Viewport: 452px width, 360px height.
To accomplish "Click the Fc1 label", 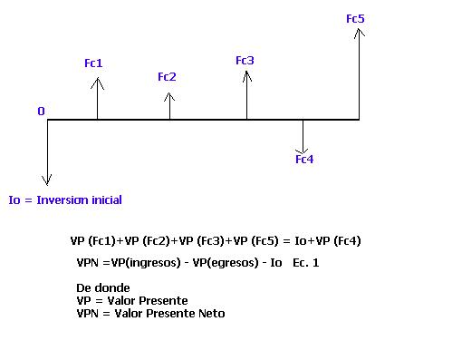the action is tap(93, 63).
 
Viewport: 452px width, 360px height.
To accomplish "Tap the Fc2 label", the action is tap(167, 77).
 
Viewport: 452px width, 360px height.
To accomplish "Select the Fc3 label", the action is tap(245, 61).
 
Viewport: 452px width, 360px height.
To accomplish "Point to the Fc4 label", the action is tap(304, 159).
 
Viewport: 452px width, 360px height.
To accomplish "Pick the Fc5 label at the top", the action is tap(355, 19).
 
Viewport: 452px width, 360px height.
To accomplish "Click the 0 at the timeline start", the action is tap(41, 112).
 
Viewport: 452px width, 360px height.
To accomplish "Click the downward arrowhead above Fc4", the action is tap(303, 152).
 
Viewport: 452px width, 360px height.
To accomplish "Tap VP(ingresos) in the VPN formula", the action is tap(146, 263).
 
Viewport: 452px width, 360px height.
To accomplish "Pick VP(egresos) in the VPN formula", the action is tap(226, 263).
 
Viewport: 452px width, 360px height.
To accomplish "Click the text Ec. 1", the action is tap(306, 263).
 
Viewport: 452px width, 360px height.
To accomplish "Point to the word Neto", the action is tap(212, 314).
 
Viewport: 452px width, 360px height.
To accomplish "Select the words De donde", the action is tap(103, 288).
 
